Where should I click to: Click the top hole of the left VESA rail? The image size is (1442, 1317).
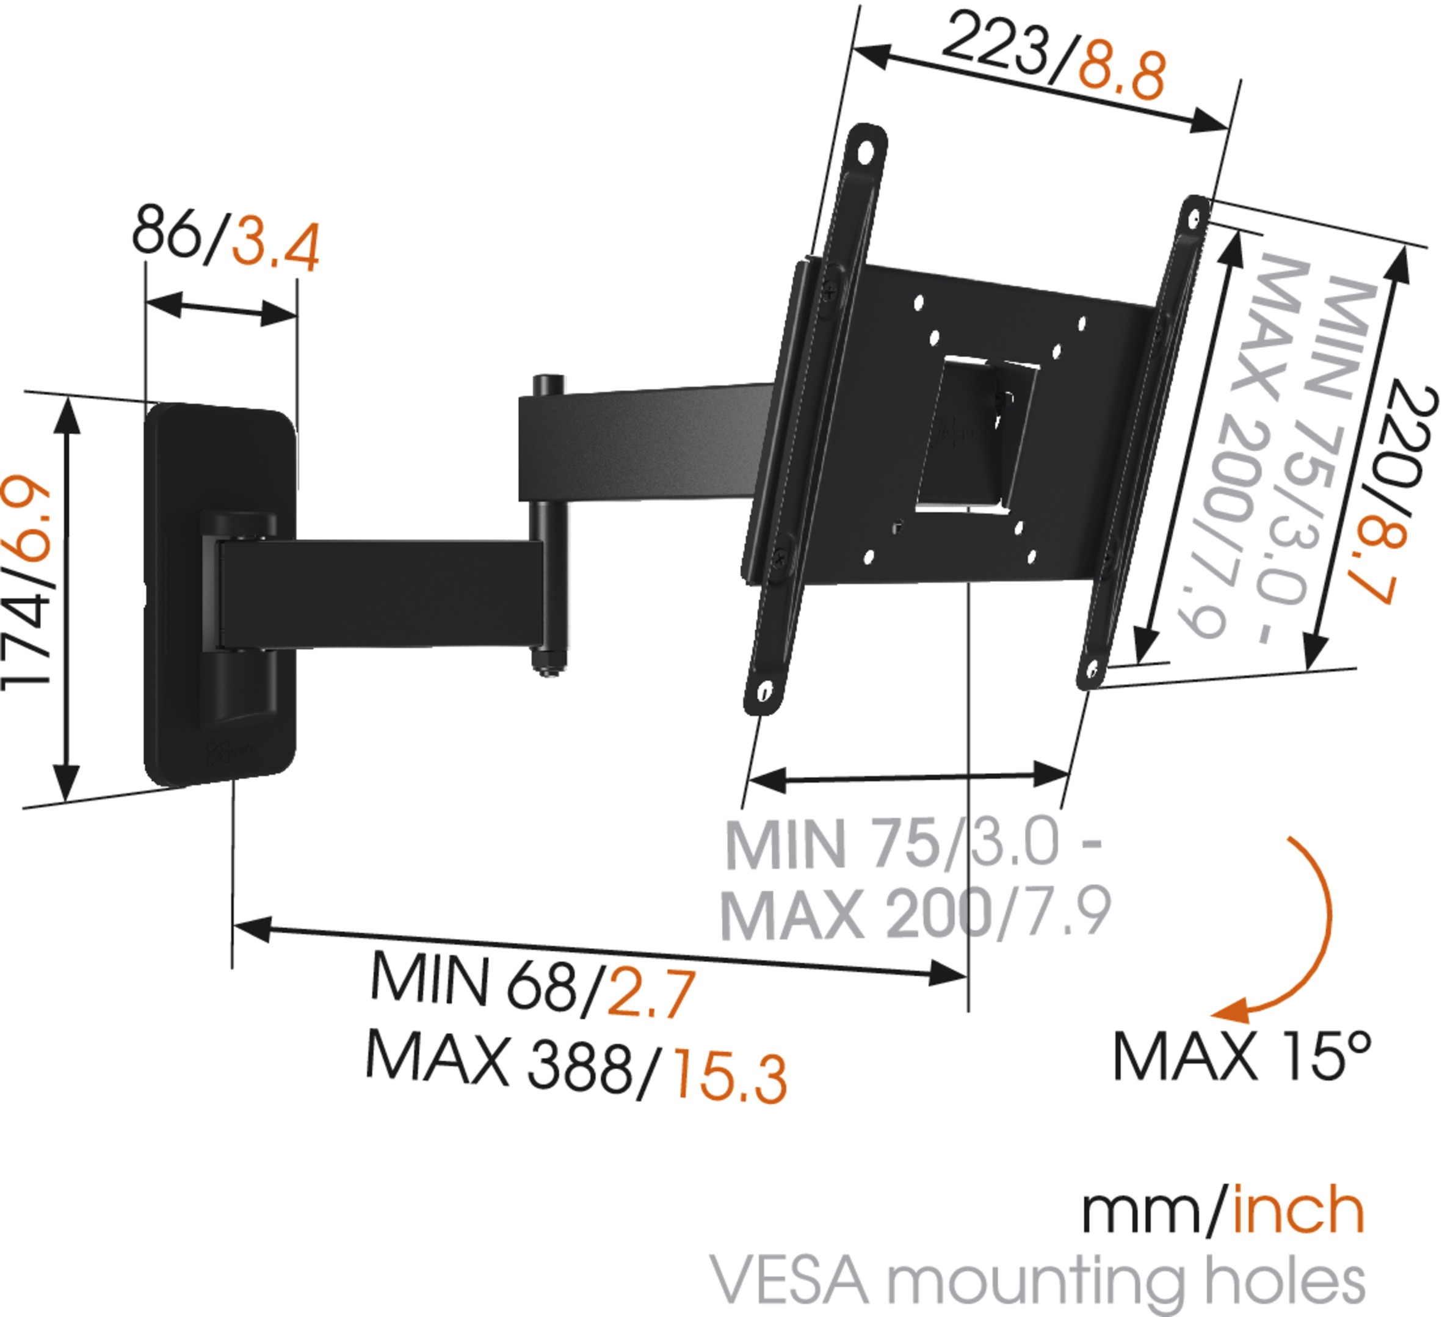tap(866, 151)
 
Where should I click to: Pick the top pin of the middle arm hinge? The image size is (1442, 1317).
tap(547, 384)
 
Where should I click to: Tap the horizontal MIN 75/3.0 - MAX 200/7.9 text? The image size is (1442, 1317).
tap(916, 880)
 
